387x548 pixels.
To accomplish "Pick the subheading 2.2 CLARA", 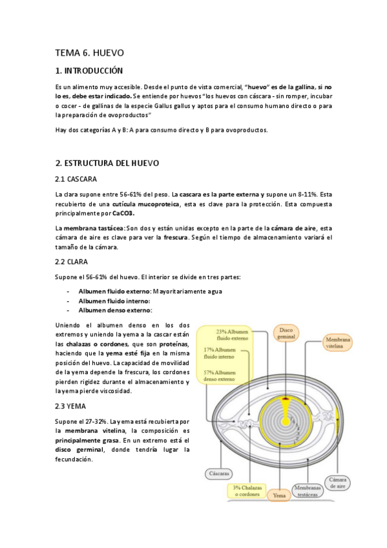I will [x=72, y=262].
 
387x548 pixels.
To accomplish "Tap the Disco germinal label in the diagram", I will [x=286, y=333].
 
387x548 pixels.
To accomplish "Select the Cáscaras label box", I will [x=218, y=474].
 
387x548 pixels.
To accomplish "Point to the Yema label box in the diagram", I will [x=280, y=495].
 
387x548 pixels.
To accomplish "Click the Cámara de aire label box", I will [x=338, y=483].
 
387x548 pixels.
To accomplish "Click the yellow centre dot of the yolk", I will [x=285, y=421].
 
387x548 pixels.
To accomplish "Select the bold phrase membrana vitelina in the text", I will [x=87, y=430].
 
